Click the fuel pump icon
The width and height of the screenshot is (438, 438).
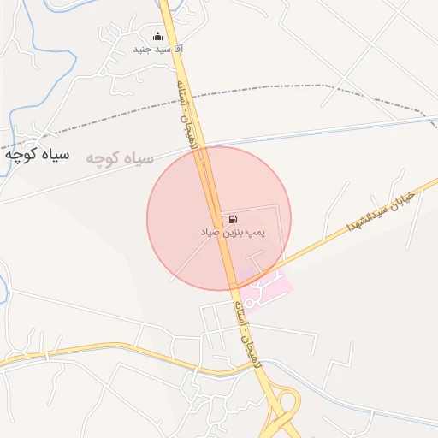point(234,219)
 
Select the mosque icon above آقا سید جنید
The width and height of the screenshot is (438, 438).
point(157,37)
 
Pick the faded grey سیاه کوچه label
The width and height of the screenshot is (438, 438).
point(119,158)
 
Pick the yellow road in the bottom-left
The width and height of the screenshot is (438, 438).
point(86,350)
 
